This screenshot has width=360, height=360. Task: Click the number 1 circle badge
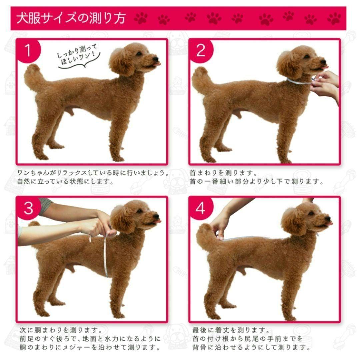[28, 51]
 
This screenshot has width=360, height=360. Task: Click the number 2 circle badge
[201, 51]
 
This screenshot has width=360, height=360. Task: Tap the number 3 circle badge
[28, 208]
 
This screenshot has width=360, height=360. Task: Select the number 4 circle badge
[201, 208]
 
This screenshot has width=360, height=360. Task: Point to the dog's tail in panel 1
[33, 77]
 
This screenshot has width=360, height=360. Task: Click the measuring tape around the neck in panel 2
[298, 81]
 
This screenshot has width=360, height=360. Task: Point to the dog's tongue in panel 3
[157, 221]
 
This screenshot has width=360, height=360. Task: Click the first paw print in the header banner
[141, 18]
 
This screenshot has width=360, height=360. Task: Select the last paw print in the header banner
[334, 18]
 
